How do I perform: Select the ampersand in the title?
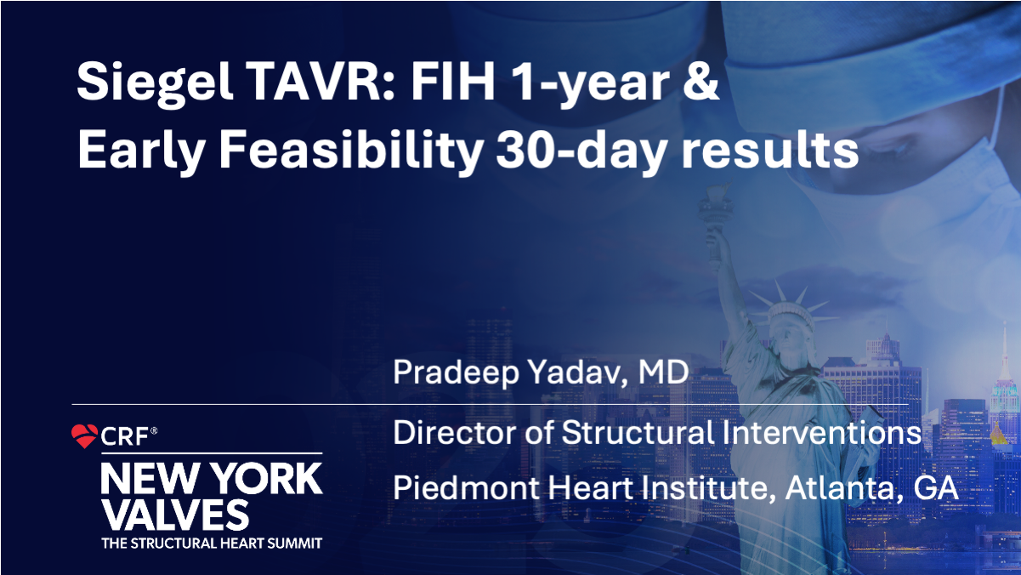[701, 81]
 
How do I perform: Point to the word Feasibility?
[350, 150]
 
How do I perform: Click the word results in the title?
[770, 150]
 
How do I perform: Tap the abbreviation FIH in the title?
[452, 81]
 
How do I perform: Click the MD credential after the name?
[663, 371]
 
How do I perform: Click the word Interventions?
[822, 432]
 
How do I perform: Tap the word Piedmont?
[466, 487]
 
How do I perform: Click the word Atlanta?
[845, 488]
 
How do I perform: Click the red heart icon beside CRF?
[84, 436]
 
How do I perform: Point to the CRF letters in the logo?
[124, 437]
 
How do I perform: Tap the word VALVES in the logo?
[175, 515]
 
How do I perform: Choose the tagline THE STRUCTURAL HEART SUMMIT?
[212, 544]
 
